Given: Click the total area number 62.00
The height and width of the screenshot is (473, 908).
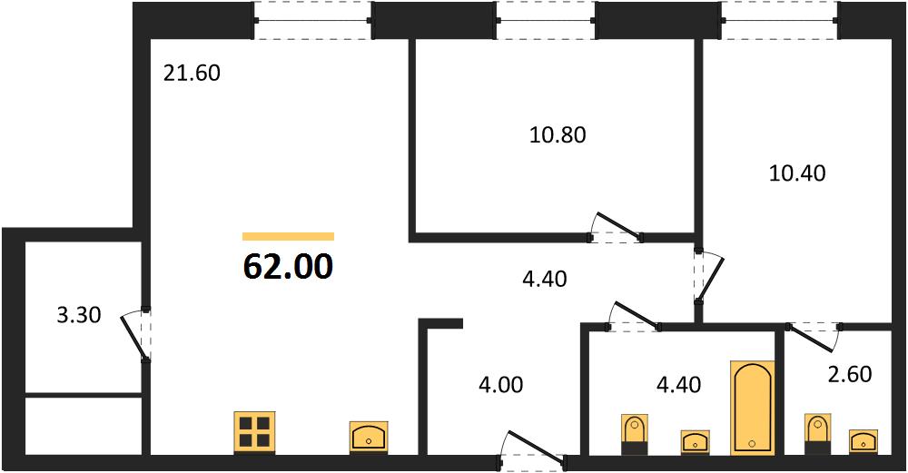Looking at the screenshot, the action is [x=289, y=267].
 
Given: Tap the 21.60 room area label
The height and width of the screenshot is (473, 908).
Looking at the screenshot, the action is [x=192, y=74].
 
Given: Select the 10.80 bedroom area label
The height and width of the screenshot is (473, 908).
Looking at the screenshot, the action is [x=558, y=135].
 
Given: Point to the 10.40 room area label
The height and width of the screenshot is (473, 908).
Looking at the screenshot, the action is [x=797, y=173].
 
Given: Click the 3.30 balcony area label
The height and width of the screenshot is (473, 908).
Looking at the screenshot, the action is [x=80, y=316].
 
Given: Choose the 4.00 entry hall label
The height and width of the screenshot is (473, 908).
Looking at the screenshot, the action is [x=501, y=384].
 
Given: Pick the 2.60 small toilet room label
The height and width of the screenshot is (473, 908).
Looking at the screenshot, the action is [x=850, y=374].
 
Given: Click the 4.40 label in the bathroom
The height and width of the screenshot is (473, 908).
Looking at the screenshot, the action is [x=678, y=384].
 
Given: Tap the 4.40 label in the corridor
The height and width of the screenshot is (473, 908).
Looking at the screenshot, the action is [x=544, y=279].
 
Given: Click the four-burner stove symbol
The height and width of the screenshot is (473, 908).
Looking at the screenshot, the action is [x=253, y=432].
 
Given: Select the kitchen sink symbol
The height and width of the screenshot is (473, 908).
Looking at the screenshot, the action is [x=369, y=437].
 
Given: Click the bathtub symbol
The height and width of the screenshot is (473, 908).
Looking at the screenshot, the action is [x=752, y=408].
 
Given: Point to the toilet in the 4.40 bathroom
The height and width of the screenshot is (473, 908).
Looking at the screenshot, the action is [x=634, y=434].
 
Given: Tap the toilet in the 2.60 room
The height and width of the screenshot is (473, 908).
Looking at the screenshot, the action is [x=818, y=434].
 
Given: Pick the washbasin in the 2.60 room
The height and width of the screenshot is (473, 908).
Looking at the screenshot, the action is [x=864, y=441].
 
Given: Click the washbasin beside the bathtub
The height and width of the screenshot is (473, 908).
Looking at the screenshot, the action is [x=695, y=442].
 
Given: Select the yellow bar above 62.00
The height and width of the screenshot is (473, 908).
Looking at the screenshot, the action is [x=289, y=236].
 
